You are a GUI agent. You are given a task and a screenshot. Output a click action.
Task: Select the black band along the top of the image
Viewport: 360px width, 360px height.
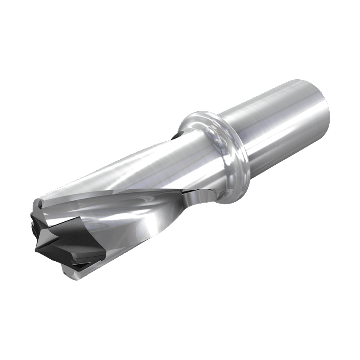pyautogui.click(x=180, y=34)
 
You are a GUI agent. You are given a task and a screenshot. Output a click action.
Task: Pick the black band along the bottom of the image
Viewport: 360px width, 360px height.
pyautogui.click(x=180, y=325)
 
